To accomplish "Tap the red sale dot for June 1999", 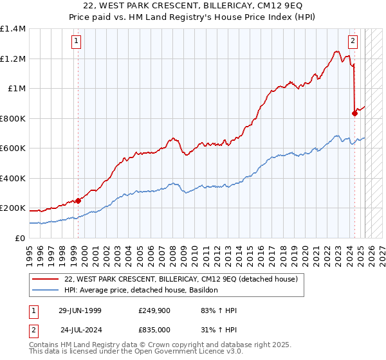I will click(78, 201).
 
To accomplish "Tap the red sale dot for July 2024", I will click(354, 114).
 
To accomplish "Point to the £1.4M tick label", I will click(12, 29).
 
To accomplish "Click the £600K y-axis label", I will click(12, 148).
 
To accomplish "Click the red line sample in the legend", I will click(46, 280).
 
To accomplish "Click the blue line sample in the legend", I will click(46, 291).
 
